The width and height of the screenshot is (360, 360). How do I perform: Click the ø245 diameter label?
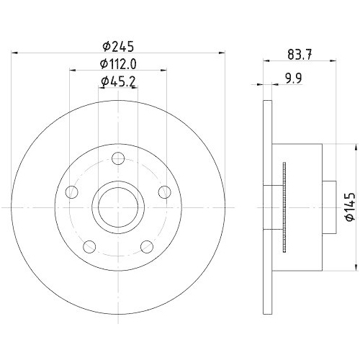(x=118, y=47)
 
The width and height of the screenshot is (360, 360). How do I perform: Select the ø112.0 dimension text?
(x=118, y=64)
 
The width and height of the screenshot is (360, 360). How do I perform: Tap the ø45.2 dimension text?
(x=118, y=82)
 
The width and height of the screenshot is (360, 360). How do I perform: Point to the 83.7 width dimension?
(x=300, y=55)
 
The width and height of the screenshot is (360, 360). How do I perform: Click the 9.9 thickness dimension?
(x=294, y=78)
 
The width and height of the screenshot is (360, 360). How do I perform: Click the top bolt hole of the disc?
(x=118, y=158)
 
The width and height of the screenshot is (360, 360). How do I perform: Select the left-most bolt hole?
(x=72, y=192)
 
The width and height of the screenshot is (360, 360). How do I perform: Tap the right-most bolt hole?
(x=165, y=192)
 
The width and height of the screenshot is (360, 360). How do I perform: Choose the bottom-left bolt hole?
(x=89, y=246)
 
